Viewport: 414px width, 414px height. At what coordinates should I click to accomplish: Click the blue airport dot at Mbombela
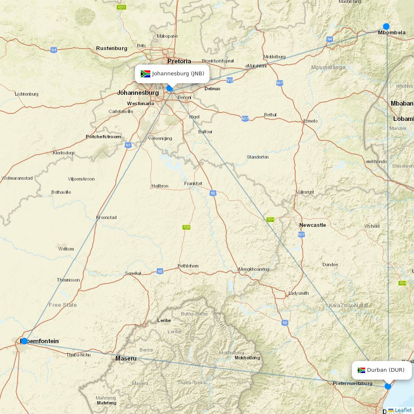coord(386,26)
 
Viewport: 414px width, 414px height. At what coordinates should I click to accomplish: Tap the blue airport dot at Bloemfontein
coord(24,341)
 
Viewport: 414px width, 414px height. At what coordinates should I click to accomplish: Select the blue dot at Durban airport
coord(388,386)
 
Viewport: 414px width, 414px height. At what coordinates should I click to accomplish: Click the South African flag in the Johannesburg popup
coord(145,74)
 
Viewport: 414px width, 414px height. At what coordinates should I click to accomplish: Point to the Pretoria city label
coord(179,61)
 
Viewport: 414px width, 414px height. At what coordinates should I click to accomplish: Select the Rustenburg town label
coord(111,48)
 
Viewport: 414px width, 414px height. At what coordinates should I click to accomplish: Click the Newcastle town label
coord(313,225)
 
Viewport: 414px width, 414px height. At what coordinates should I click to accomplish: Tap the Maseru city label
coord(126,359)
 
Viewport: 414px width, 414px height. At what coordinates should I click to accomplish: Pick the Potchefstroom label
coord(103,137)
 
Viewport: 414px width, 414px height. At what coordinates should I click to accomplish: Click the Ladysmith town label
coord(298,294)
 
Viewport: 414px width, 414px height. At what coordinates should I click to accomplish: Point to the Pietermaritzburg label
coord(353,384)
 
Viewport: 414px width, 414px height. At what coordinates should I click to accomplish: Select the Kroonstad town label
coord(106,217)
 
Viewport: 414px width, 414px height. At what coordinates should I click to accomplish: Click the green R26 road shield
coord(187,227)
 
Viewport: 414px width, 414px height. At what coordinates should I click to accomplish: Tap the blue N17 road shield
coord(245,119)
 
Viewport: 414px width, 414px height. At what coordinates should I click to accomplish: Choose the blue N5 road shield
coord(160,272)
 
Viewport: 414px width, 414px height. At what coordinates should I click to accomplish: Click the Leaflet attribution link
coord(403,410)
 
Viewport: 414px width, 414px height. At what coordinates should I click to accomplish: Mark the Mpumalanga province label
coord(328,67)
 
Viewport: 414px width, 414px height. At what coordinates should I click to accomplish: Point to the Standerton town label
coord(258,157)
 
